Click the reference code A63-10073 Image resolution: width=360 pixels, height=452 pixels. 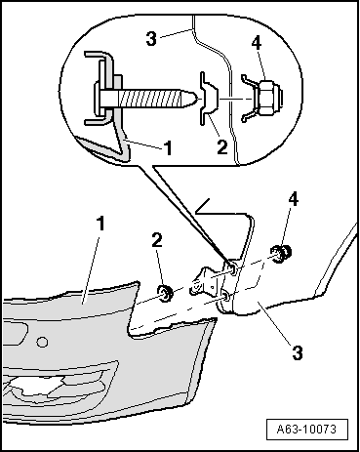tap(308, 428)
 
